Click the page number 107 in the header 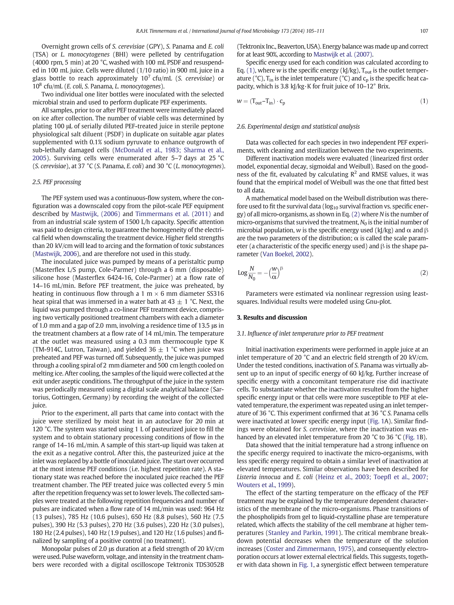(424, 31)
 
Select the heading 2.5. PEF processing (57, 182)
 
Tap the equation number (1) (424, 101)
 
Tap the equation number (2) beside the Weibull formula (424, 273)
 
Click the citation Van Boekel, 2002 (286, 254)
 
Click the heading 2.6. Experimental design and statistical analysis (298, 127)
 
